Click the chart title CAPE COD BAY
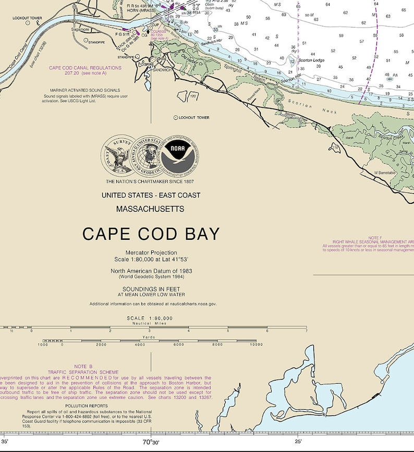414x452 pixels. pyautogui.click(x=151, y=234)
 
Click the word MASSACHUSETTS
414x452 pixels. pyautogui.click(x=150, y=209)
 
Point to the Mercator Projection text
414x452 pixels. pyautogui.click(x=151, y=253)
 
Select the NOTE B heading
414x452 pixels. pyautogui.click(x=83, y=367)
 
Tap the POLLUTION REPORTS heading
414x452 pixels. pyautogui.click(x=86, y=405)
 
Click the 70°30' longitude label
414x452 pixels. pyautogui.click(x=151, y=442)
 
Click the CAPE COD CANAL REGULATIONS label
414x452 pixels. pyautogui.click(x=85, y=68)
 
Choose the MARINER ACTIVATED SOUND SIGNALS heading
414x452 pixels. pyautogui.click(x=85, y=90)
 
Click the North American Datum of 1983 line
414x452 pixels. pyautogui.click(x=151, y=271)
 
